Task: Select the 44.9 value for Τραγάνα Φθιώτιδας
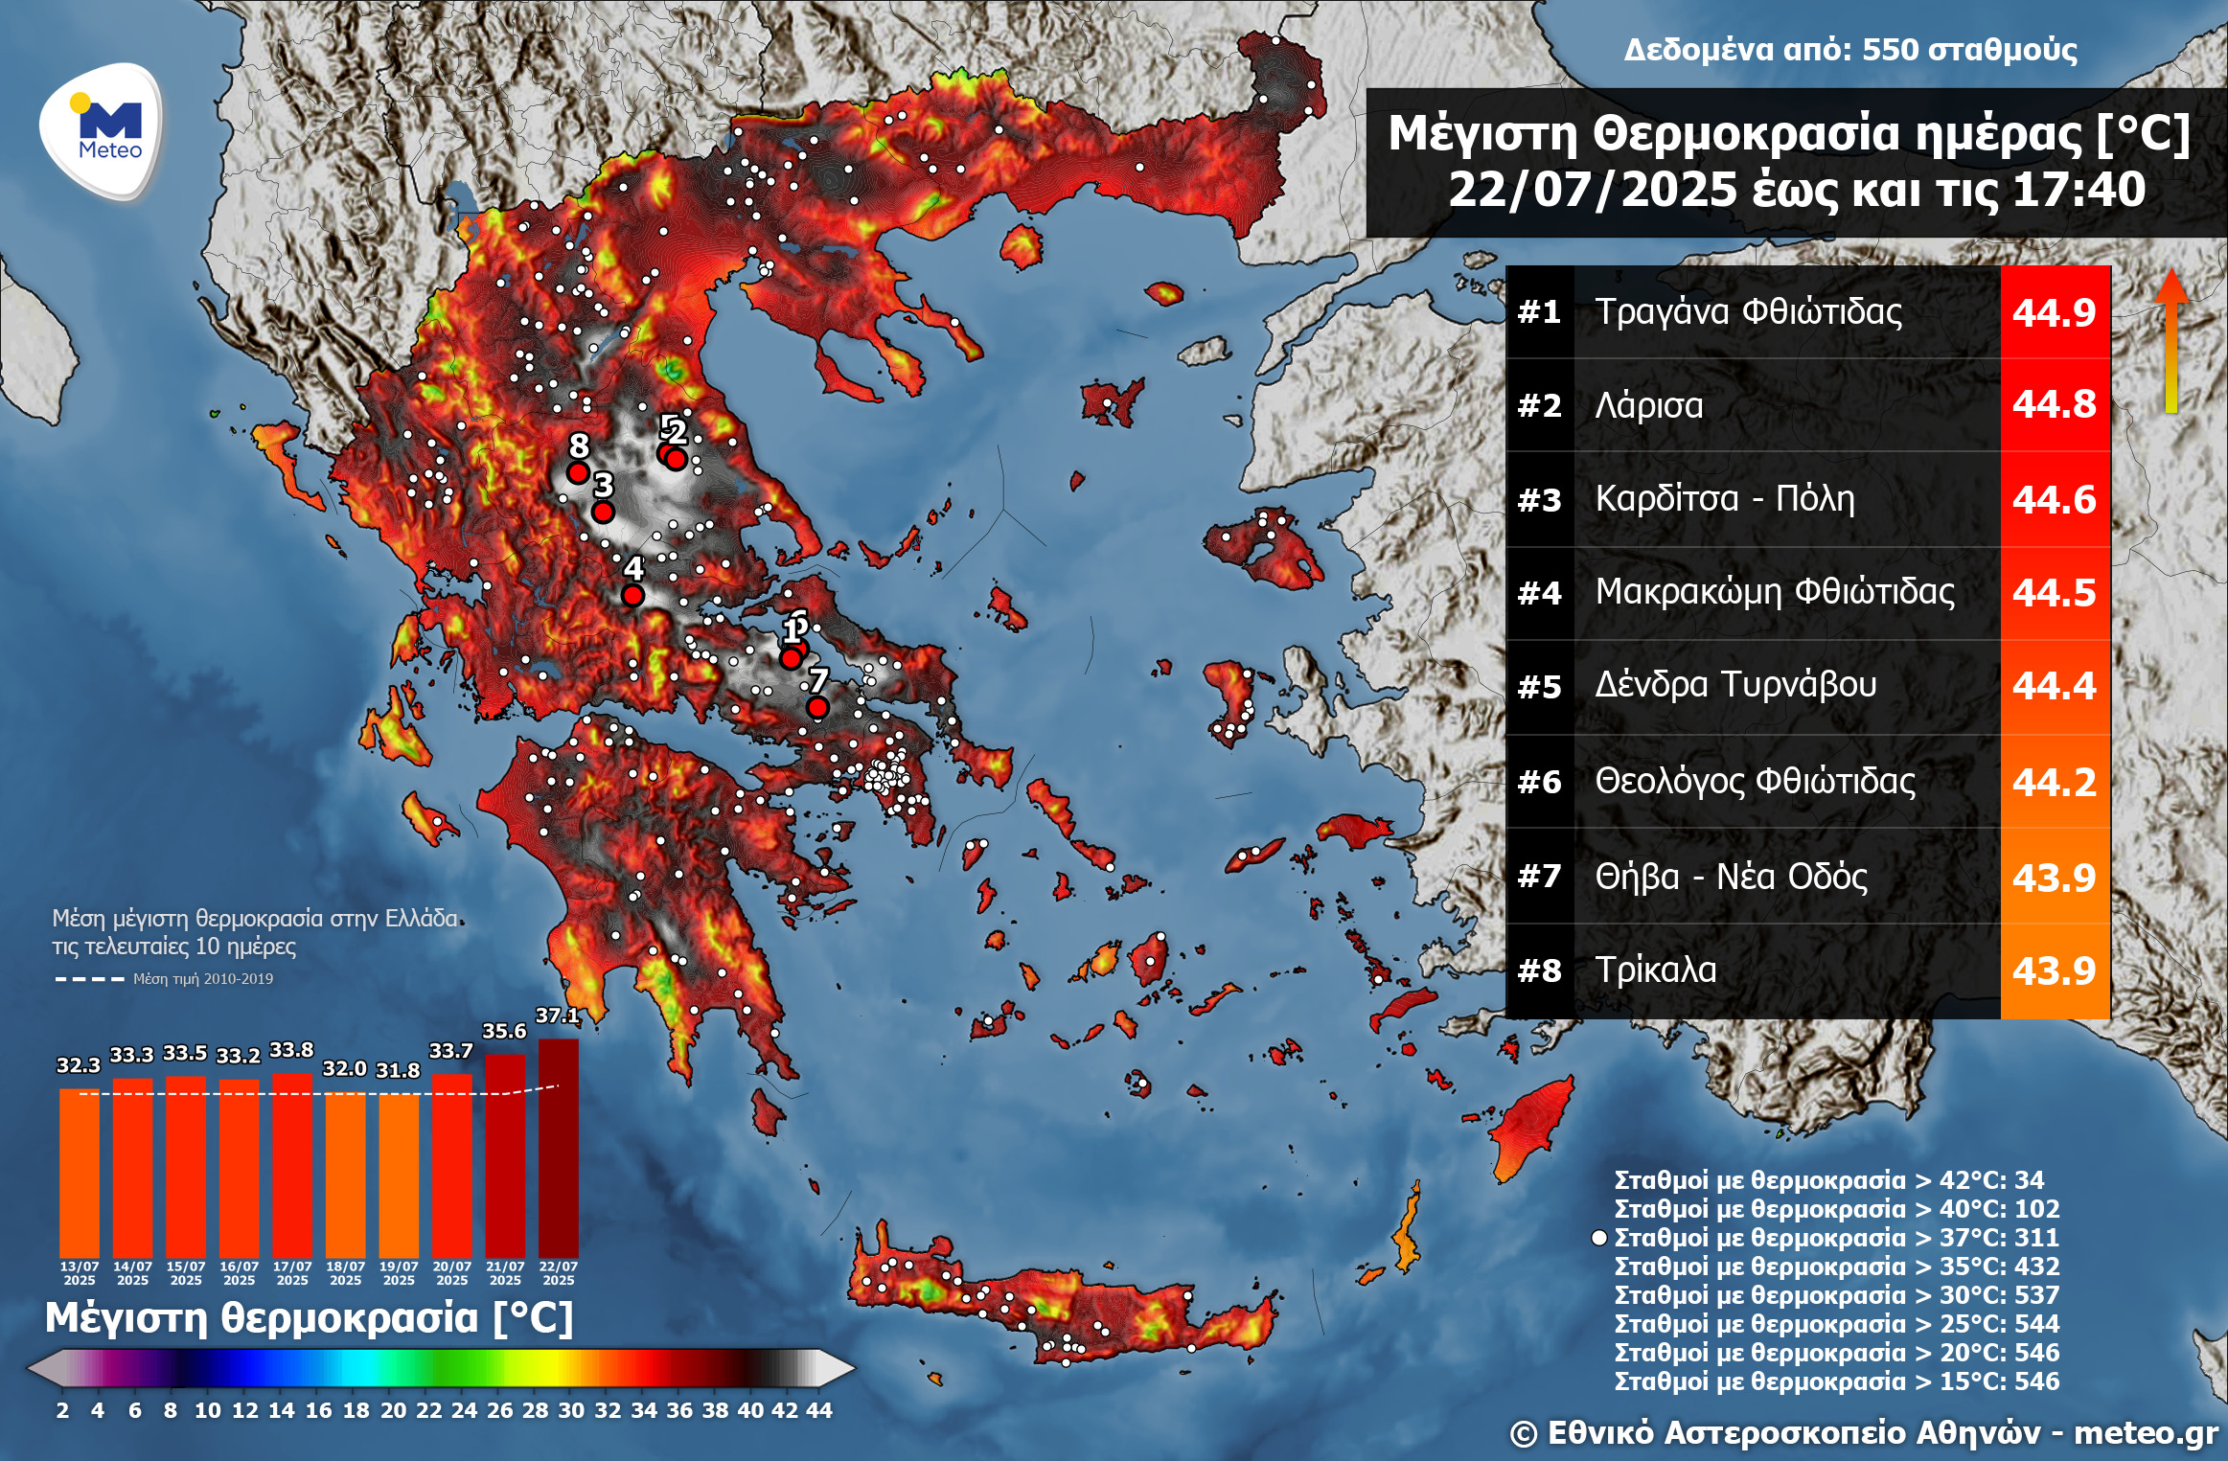coord(2054,312)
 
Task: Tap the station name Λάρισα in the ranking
coord(1649,405)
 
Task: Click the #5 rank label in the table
coord(1539,687)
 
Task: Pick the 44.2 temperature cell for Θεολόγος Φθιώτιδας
coord(2054,782)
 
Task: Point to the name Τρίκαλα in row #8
coord(1656,970)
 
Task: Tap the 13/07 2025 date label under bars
coord(80,1273)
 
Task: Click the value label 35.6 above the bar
coord(504,1031)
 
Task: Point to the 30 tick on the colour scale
coord(571,1410)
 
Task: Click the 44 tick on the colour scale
coord(819,1410)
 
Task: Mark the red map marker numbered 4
coord(632,595)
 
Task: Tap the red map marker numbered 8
coord(578,472)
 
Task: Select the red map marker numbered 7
coord(817,707)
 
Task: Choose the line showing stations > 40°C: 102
coord(1836,1209)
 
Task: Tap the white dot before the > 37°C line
coord(1598,1238)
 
